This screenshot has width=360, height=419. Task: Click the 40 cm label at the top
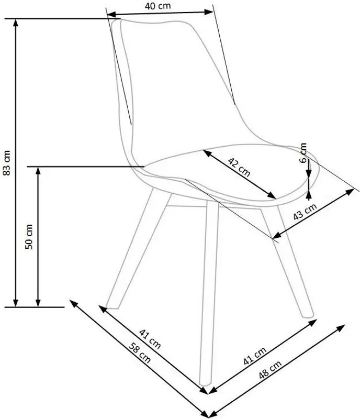[159, 6]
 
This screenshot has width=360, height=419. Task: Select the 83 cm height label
[7, 163]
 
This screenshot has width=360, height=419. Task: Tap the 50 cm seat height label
[29, 237]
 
